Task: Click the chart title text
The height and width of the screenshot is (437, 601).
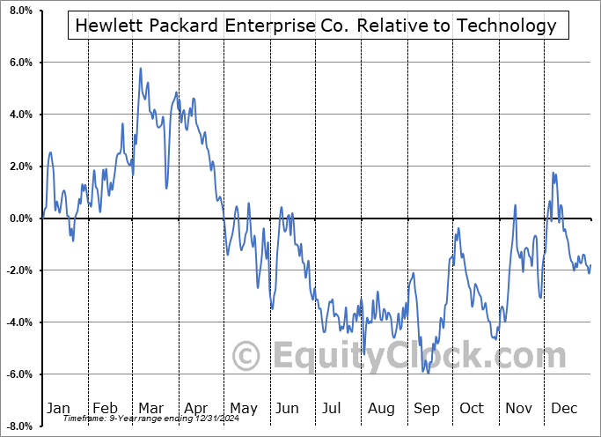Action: point(316,26)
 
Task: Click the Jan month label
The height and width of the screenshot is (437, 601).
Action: point(57,408)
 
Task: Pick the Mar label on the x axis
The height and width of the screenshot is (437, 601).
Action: point(151,408)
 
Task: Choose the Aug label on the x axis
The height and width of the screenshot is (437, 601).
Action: point(381,408)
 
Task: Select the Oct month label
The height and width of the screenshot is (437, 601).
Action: point(472,408)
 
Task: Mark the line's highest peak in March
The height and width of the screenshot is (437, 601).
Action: point(141,68)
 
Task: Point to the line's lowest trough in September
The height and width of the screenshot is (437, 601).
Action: point(428,373)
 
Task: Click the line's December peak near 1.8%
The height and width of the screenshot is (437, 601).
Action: point(553,173)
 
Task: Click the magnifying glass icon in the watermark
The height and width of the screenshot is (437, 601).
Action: point(247,356)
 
